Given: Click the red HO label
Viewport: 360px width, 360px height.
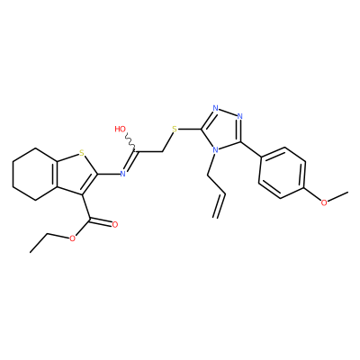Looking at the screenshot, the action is tap(121, 130).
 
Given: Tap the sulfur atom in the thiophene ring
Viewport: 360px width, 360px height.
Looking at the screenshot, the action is tap(81, 154).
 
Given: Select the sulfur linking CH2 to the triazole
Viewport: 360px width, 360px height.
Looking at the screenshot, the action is tap(175, 130).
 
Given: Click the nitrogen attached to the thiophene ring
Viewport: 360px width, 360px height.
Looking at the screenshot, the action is tap(122, 174).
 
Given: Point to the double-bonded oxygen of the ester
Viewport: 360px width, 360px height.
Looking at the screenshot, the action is tap(114, 224).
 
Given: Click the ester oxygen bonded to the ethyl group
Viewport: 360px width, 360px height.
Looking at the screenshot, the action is tap(72, 238).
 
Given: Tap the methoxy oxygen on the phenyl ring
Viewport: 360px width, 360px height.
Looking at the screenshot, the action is tap(324, 202).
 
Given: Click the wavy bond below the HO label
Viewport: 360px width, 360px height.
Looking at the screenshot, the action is tap(130, 141).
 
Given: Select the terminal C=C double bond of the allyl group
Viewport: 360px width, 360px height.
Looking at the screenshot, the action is tap(219, 205).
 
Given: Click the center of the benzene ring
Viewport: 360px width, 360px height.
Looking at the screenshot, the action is tap(282, 173).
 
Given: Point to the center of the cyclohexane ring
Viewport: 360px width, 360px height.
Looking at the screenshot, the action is tap(36, 174).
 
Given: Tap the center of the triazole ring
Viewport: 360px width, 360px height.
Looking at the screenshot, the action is tap(223, 129).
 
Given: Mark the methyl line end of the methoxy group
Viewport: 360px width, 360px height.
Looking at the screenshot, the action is tap(348, 192).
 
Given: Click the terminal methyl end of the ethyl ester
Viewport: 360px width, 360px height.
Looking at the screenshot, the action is tap(31, 252).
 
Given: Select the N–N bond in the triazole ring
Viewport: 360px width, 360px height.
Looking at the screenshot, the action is tap(228, 112).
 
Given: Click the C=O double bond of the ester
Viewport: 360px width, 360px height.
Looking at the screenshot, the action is tap(101, 221).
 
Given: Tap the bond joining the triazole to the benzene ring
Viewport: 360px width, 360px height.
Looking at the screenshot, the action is tap(250, 148).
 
